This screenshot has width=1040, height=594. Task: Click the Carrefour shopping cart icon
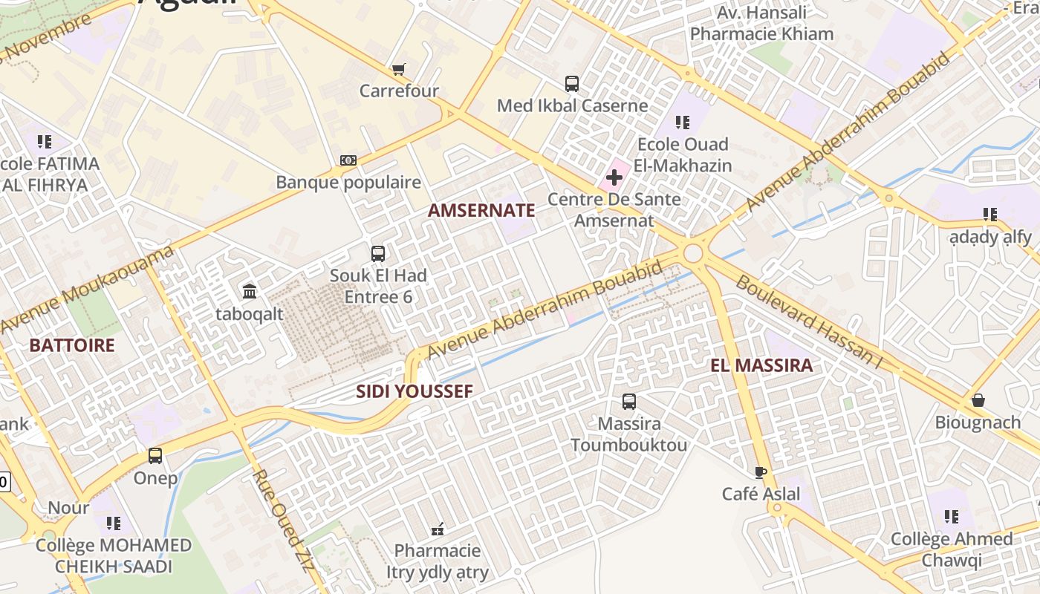[399, 70]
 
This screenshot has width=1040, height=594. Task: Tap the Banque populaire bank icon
[348, 160]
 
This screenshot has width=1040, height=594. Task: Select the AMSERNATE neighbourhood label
[481, 210]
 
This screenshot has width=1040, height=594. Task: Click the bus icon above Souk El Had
[378, 254]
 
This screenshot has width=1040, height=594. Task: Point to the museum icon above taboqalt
[250, 291]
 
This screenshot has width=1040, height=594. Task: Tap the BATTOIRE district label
[72, 345]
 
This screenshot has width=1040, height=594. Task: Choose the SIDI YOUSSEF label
[415, 391]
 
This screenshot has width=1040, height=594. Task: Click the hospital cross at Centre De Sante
[614, 178]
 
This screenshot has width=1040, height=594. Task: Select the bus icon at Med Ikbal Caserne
[571, 84]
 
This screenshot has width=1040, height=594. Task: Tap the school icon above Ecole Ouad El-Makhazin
[682, 123]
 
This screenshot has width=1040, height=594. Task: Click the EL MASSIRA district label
[761, 365]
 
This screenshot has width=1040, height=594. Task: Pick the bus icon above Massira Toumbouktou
[629, 402]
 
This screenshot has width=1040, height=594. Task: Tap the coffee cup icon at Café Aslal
[761, 472]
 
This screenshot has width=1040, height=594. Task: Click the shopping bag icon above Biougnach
[978, 401]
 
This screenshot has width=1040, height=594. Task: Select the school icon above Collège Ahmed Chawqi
[951, 517]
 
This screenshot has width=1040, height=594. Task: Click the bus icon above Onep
[155, 456]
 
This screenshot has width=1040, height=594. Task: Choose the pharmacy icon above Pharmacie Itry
[438, 529]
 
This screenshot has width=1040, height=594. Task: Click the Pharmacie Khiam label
[761, 34]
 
